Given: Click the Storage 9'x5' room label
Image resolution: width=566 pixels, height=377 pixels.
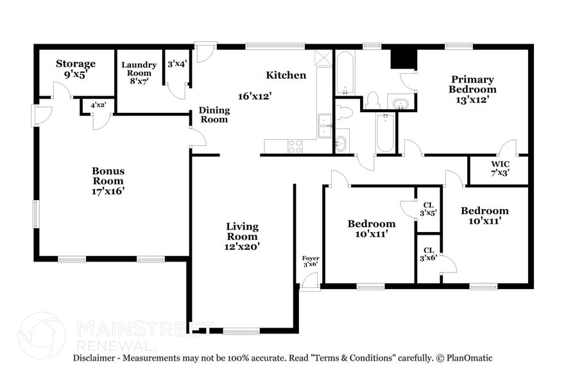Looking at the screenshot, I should [75, 69].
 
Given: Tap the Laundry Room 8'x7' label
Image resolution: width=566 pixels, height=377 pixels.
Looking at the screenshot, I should [139, 73].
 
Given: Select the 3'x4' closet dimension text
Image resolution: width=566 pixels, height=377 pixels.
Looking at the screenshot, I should [176, 64].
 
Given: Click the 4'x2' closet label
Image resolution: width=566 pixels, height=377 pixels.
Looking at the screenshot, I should [98, 105].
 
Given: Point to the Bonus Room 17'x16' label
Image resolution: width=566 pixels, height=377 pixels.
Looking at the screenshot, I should [108, 181].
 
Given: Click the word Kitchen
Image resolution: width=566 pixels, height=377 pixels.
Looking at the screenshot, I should [286, 75].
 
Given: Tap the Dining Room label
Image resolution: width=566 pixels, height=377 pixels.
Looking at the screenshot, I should [214, 115].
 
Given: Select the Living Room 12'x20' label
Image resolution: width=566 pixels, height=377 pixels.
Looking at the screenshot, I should [242, 235].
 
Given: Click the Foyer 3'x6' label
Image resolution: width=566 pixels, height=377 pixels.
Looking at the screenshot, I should [311, 261].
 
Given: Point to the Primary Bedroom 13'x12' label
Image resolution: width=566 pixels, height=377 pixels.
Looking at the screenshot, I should [472, 84].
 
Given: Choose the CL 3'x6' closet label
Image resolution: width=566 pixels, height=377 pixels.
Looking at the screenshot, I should [428, 254].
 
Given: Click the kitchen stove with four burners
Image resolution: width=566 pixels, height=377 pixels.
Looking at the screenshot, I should [295, 146].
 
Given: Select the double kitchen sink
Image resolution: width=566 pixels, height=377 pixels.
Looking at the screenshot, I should [325, 126].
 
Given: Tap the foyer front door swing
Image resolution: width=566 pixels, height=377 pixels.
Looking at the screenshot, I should [310, 281].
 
